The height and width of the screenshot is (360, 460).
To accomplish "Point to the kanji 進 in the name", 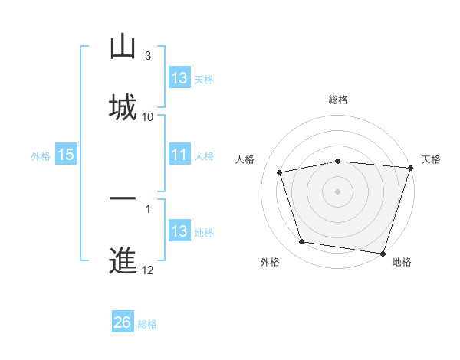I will [x=123, y=260].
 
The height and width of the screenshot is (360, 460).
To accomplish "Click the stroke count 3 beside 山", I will [x=147, y=56].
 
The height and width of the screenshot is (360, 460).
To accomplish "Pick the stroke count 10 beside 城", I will [x=148, y=116].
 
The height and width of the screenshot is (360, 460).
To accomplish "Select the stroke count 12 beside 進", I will [x=148, y=270].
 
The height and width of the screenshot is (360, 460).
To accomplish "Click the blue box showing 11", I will [x=179, y=155].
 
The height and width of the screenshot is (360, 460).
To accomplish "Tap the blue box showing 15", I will [x=65, y=155].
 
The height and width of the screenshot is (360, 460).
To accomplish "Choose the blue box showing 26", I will [x=123, y=323].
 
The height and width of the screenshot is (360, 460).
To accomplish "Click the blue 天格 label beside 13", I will [x=204, y=79].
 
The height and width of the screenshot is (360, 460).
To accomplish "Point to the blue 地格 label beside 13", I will [x=204, y=232].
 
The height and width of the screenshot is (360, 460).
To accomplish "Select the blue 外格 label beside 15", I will [x=41, y=155].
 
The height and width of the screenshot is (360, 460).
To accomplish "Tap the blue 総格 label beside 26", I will [x=147, y=324].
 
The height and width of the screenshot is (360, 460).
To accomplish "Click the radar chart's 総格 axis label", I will [x=338, y=100].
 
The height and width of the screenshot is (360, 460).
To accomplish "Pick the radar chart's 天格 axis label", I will [x=432, y=159].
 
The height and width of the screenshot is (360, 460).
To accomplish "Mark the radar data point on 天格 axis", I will [x=411, y=168].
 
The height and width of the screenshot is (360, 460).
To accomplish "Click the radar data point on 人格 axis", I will [x=280, y=172].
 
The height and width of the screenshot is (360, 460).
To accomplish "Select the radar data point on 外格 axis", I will [x=302, y=242].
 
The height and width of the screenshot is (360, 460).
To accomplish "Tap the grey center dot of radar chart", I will [x=338, y=191].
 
